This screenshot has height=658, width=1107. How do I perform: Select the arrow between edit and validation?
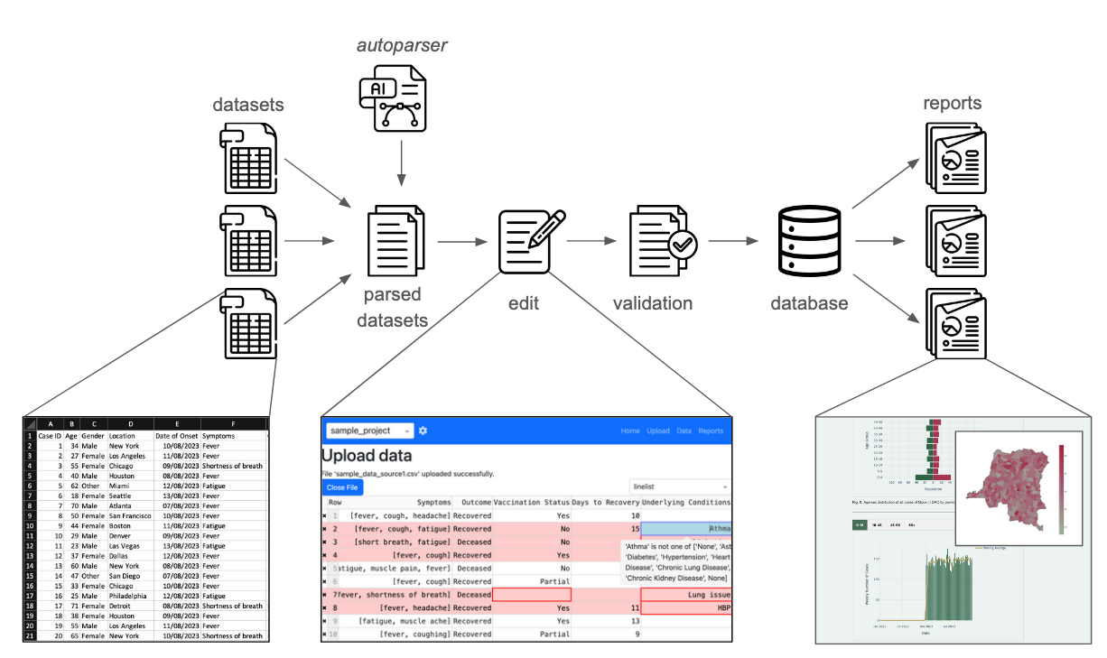[x=586, y=241]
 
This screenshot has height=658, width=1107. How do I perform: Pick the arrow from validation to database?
[x=731, y=241]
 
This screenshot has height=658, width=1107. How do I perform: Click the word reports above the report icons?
[x=952, y=103]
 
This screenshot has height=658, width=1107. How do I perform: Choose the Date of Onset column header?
[x=176, y=435]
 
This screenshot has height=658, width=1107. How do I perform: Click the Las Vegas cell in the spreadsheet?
[x=127, y=545]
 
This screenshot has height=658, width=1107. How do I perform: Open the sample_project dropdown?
[x=369, y=431]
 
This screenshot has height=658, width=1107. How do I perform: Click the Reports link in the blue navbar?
[x=711, y=431]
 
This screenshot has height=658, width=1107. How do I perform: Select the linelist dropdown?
[x=679, y=487]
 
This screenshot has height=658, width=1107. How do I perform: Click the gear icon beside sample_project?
[x=423, y=431]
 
